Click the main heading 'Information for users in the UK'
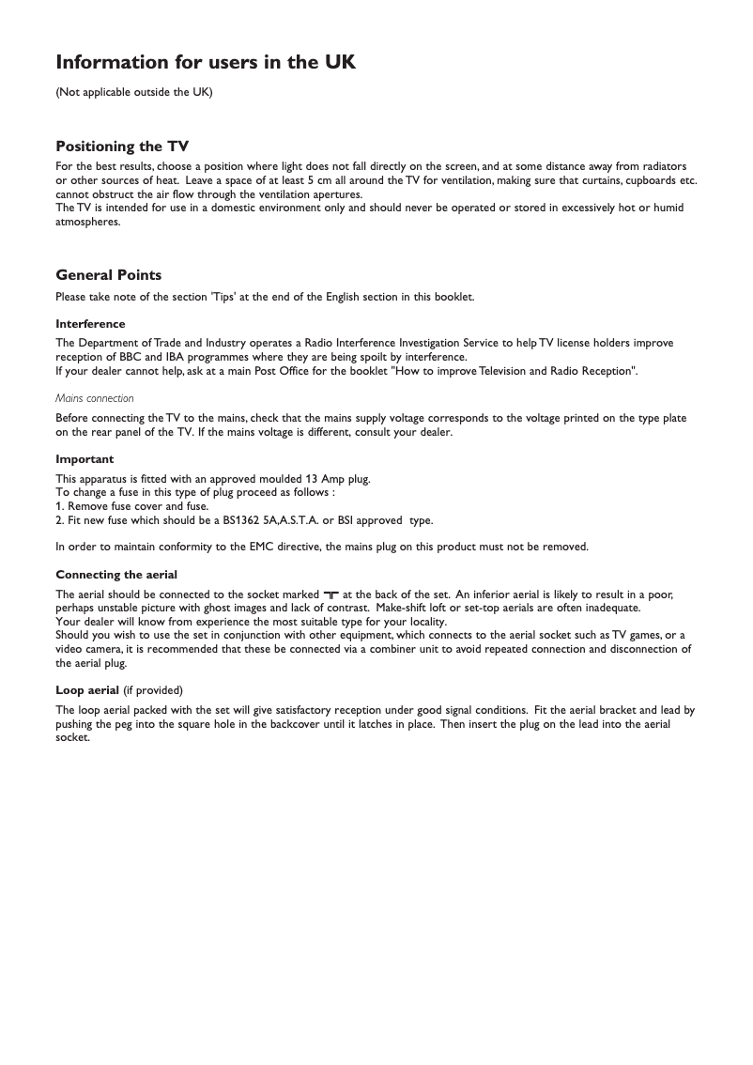tap(206, 63)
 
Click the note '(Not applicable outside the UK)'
tap(134, 92)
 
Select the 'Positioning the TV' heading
tap(122, 147)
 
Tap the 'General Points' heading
tap(109, 275)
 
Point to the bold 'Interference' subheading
tap(90, 324)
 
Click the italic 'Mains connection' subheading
tap(95, 398)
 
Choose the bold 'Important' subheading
tap(85, 459)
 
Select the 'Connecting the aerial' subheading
tap(116, 575)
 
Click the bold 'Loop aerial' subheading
tap(87, 690)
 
